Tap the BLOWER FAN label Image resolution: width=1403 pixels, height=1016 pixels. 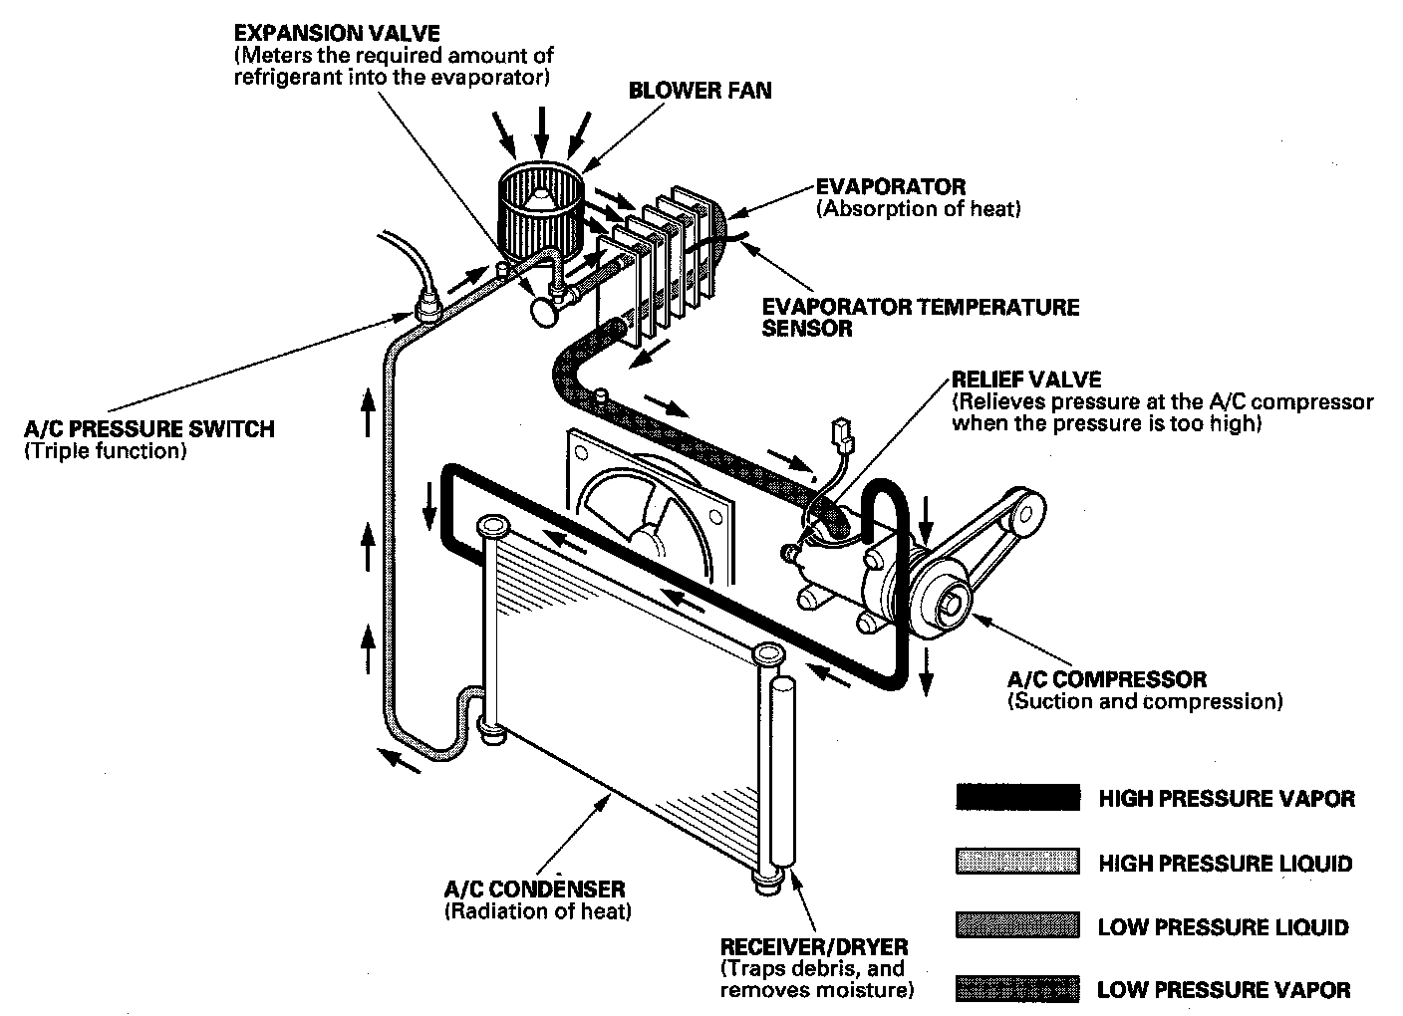pyautogui.click(x=700, y=91)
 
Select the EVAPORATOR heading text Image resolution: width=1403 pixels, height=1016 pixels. pyautogui.click(x=890, y=186)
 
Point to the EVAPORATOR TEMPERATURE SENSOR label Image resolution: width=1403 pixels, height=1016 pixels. pyautogui.click(x=920, y=317)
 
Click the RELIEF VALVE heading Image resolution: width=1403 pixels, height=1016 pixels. pyautogui.click(x=1026, y=380)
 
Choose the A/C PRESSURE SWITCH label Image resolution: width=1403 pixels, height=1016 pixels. pyautogui.click(x=148, y=429)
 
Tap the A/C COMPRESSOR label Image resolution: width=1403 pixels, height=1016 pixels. pyautogui.click(x=1106, y=679)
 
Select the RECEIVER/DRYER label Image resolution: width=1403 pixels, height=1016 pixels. pyautogui.click(x=813, y=946)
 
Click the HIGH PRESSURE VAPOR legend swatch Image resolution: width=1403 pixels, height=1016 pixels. pyautogui.click(x=1016, y=797)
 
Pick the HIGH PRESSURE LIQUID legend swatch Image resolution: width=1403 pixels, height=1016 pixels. pyautogui.click(x=1016, y=862)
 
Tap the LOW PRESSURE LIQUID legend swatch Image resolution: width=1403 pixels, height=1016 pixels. pyautogui.click(x=1016, y=925)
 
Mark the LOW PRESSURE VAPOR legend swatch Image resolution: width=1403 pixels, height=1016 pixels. pyautogui.click(x=1016, y=989)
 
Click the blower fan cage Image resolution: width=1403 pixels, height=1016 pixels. pyautogui.click(x=538, y=209)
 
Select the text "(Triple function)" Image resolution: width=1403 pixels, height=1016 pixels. pyautogui.click(x=105, y=451)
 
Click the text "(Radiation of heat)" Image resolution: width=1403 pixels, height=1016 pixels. pyautogui.click(x=537, y=910)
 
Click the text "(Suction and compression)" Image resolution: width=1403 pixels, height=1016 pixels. pyautogui.click(x=1145, y=701)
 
